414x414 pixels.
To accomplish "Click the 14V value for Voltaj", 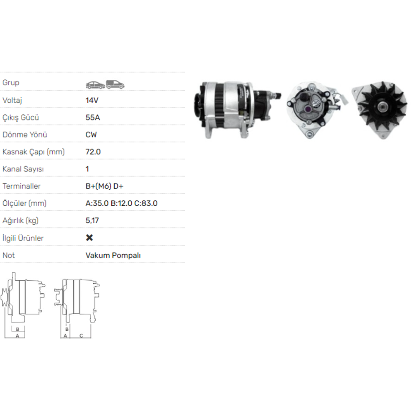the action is pyautogui.click(x=92, y=100).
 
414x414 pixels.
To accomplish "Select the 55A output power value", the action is pyautogui.click(x=93, y=118).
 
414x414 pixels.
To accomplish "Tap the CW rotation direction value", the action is pyautogui.click(x=91, y=135).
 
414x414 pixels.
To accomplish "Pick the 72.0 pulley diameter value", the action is pyautogui.click(x=93, y=152).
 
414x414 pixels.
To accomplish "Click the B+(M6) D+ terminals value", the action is pyautogui.click(x=104, y=186).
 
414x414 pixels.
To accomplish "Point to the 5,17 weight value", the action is pyautogui.click(x=92, y=221).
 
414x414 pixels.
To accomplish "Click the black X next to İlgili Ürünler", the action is pyautogui.click(x=89, y=238).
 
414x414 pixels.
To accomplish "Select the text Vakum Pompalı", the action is pyautogui.click(x=113, y=255).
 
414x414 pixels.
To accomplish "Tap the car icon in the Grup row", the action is pyautogui.click(x=95, y=85).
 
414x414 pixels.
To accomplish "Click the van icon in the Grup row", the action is pyautogui.click(x=115, y=84).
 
